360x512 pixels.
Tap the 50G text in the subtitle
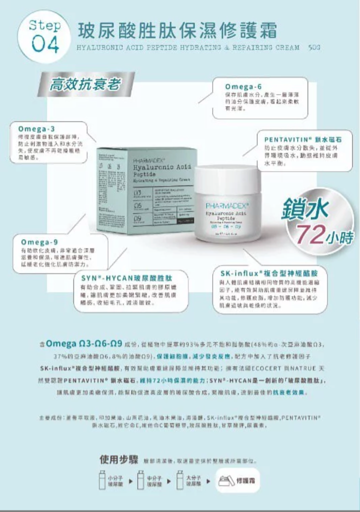tap(314, 48)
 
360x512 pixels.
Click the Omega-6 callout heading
tap(243, 86)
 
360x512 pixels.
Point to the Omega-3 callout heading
tap(36, 129)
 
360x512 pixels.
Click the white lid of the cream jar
tap(227, 179)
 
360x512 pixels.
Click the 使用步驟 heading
tap(118, 459)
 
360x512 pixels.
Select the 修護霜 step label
tap(245, 480)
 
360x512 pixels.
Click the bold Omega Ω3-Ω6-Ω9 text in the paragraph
tap(83, 344)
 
